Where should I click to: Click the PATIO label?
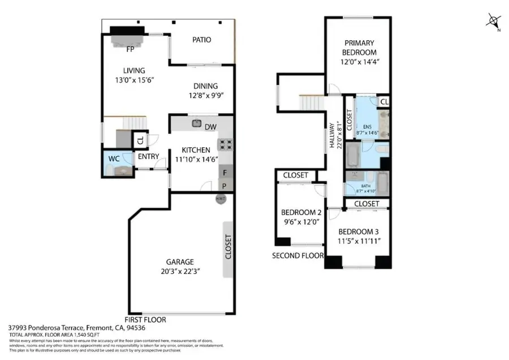201,40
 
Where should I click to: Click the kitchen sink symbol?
197,123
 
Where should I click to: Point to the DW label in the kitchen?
211,127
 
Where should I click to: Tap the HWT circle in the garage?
221,199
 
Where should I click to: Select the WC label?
114,159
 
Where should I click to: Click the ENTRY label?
148,157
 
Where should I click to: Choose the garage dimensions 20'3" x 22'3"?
180,271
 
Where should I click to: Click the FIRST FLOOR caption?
145,319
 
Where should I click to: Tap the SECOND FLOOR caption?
297,255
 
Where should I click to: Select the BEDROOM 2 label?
301,213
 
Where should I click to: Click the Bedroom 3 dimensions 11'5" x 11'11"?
359,241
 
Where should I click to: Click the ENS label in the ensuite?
367,126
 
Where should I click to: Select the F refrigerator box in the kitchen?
225,173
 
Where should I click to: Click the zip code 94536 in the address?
156,328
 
